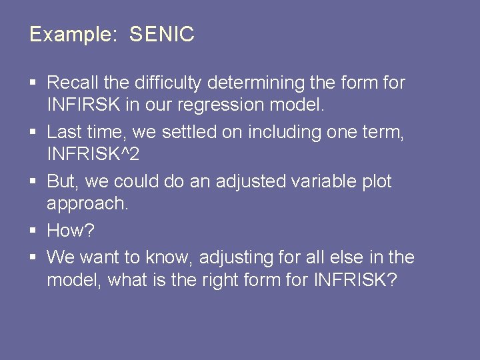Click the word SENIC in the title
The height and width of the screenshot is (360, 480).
tap(162, 35)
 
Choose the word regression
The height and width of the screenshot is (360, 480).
tap(246, 105)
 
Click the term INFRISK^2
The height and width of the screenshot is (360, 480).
tap(93, 155)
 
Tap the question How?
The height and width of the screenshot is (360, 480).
tap(71, 231)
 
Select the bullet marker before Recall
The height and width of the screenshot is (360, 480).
tap(33, 84)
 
